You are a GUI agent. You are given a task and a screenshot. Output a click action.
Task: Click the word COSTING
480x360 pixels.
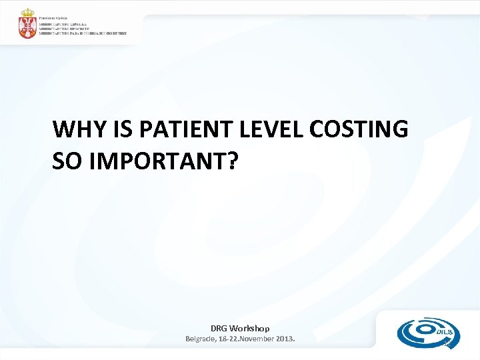pyautogui.click(x=357, y=129)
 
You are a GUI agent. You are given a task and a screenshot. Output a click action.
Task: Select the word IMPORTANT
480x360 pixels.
pyautogui.click(x=154, y=161)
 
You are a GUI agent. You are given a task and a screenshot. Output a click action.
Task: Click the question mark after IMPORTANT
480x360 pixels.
pyautogui.click(x=230, y=161)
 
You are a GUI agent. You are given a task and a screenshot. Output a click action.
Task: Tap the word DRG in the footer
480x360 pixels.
pyautogui.click(x=219, y=328)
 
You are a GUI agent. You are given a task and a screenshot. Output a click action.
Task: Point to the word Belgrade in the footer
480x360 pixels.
pyautogui.click(x=201, y=339)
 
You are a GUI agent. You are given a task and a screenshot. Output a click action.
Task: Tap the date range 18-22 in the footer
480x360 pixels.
pyautogui.click(x=230, y=339)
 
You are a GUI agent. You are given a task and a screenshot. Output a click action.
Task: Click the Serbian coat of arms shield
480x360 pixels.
pyautogui.click(x=27, y=29)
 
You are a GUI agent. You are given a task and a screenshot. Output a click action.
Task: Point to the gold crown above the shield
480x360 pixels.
pyautogui.click(x=27, y=13)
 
